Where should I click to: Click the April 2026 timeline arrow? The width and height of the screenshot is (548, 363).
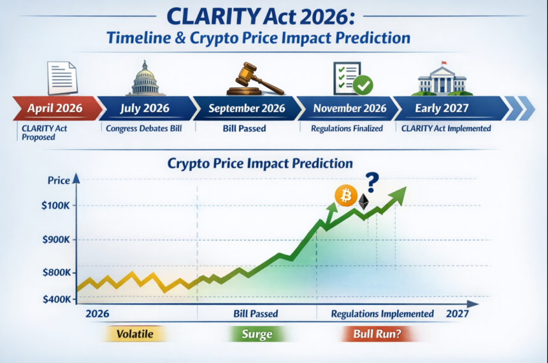55,108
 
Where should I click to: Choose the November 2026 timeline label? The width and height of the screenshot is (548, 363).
349,108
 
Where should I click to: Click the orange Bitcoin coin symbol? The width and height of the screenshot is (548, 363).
346,196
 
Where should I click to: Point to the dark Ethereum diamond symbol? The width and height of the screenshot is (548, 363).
364,202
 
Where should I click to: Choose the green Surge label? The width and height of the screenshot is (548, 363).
257,334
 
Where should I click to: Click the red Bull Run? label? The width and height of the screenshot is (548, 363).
376,334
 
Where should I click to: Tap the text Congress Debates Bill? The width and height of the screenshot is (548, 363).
145,128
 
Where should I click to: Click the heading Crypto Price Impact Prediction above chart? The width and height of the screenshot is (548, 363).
260,163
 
